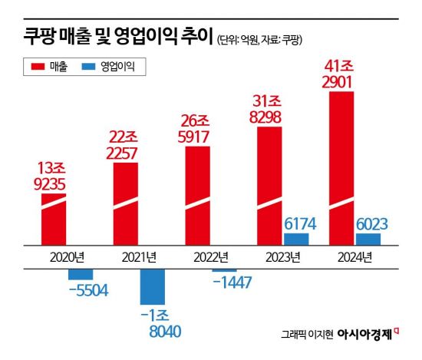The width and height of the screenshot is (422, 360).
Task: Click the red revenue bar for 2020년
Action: tap(54, 219)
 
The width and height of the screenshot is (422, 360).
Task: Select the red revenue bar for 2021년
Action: tap(125, 203)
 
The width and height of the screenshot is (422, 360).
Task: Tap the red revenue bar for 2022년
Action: tap(197, 195)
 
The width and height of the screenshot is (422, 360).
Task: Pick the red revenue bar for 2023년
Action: tap(269, 185)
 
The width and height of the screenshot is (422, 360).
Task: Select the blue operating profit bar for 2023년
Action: tap(296, 239)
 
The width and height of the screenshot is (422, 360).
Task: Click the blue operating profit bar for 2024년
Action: tap(368, 239)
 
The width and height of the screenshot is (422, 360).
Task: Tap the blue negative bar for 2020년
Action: tap(81, 273)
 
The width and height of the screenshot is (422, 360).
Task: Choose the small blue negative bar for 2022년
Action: tap(224, 269)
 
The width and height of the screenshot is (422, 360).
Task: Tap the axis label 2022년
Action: tap(210, 256)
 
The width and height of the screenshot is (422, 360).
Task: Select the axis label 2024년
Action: tap(354, 256)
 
